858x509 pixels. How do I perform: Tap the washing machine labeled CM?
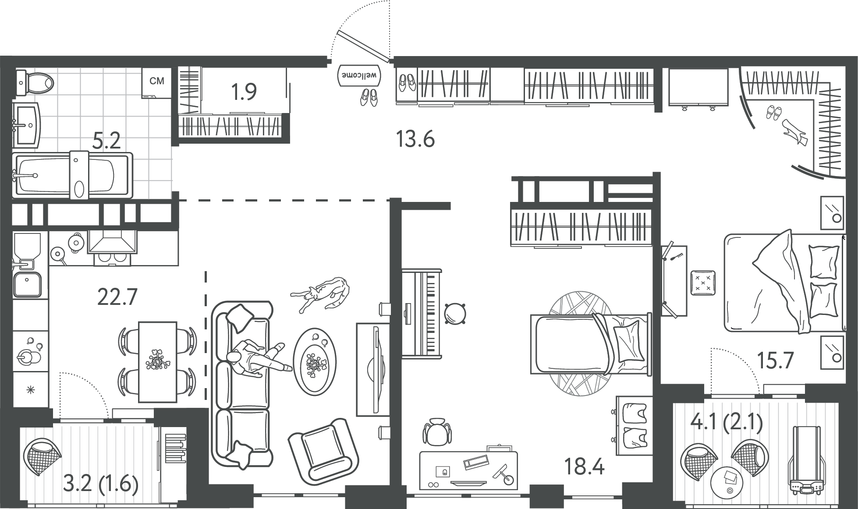(156, 82)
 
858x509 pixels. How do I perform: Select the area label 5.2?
(107, 141)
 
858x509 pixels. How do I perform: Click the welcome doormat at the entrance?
(359, 75)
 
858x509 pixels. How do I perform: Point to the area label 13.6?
(415, 139)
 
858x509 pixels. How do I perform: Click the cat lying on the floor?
(321, 294)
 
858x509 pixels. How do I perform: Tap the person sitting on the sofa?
(259, 357)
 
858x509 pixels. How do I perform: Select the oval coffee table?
(315, 362)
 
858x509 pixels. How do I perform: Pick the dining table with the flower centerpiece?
(158, 362)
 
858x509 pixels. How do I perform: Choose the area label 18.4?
(584, 467)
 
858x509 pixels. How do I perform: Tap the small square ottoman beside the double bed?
(703, 283)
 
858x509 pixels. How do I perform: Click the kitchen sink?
(27, 284)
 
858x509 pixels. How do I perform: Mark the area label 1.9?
(244, 92)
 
